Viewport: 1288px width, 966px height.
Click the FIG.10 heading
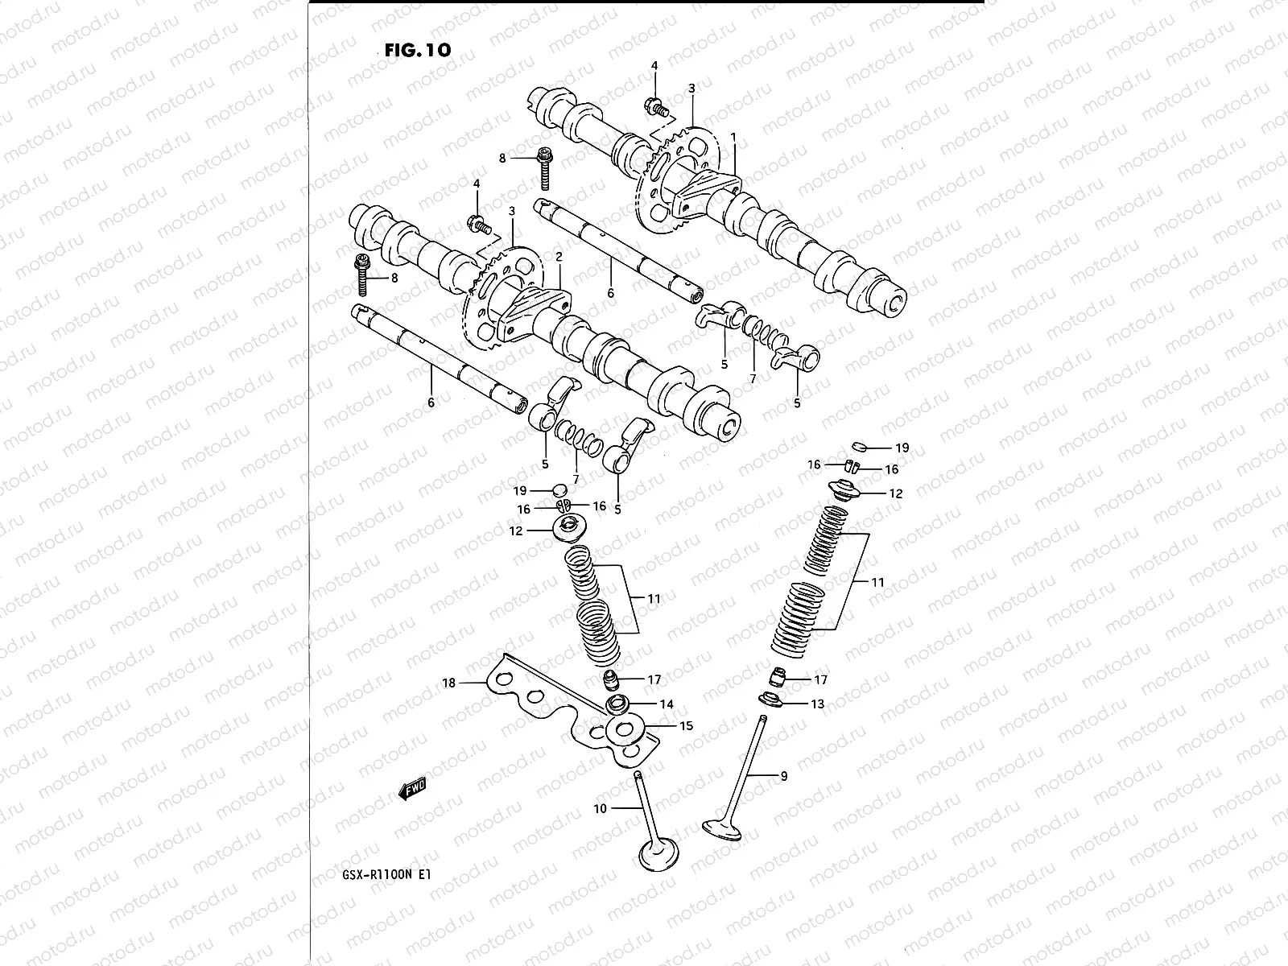tap(418, 49)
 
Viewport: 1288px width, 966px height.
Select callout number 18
tap(448, 683)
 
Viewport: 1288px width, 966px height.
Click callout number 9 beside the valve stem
tap(783, 776)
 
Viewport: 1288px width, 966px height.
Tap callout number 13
tap(817, 704)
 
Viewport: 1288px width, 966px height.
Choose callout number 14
tap(667, 704)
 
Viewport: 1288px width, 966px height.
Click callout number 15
tap(686, 726)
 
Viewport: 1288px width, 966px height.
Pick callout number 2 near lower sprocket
tap(558, 256)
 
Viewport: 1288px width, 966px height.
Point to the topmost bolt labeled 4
tap(653, 105)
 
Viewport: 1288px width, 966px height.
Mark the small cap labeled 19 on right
tap(859, 444)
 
